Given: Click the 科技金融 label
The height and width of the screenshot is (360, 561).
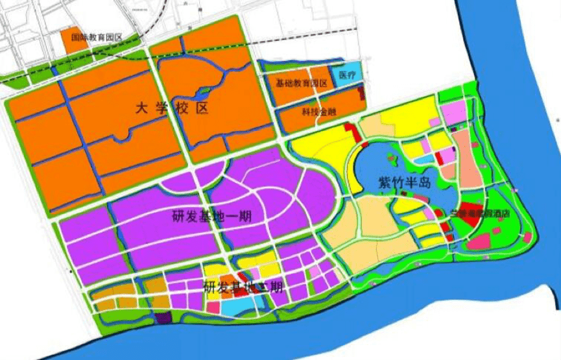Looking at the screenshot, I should pos(318,111).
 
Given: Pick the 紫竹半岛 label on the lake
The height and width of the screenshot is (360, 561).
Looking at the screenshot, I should pos(405,183).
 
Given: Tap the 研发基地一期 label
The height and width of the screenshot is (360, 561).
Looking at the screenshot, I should pos(212,215).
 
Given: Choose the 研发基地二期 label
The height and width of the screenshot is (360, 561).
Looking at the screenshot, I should pos(243,287).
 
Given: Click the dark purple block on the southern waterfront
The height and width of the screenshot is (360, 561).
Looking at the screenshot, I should pos(163,318).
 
